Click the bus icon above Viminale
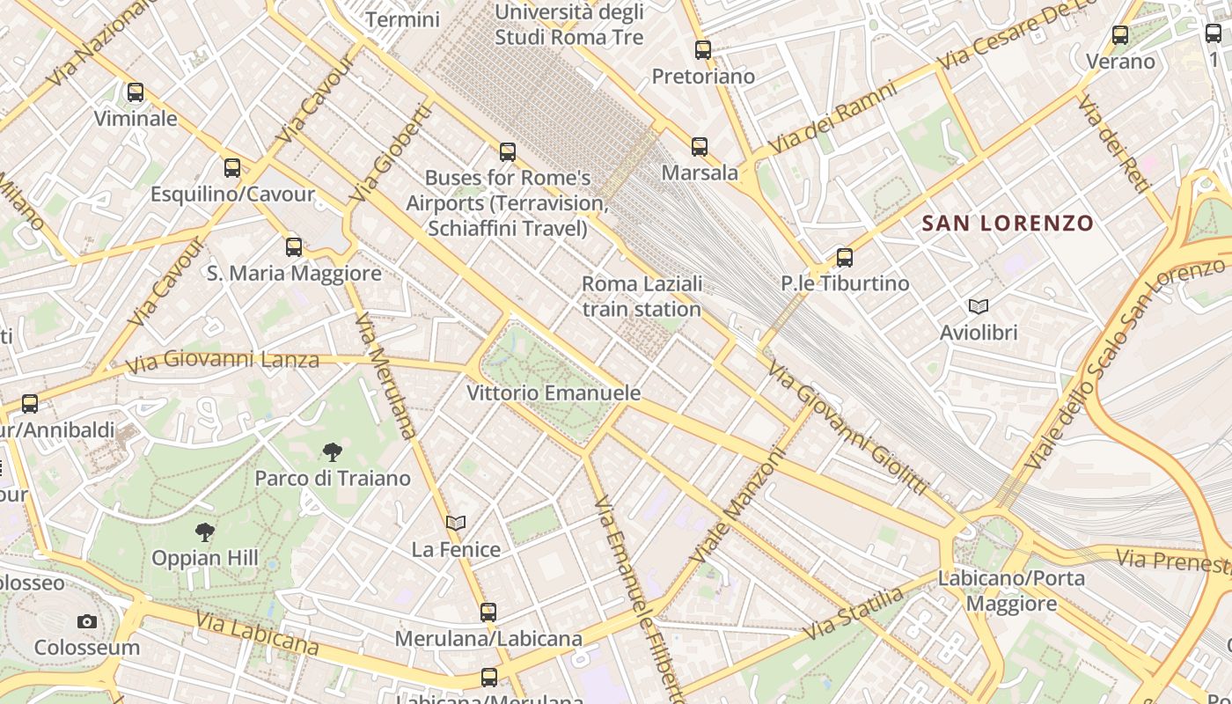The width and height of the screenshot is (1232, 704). point(136,92)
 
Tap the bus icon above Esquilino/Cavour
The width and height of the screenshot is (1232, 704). point(232,167)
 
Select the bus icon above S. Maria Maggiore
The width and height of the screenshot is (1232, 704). point(294,246)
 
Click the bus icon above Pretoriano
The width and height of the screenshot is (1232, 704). point(702,50)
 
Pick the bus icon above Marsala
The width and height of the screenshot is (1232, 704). point(700,146)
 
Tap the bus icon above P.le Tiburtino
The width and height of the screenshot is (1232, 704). point(845,257)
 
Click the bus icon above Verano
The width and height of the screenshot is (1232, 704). point(1120,35)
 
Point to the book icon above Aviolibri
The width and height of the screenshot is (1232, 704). point(979,306)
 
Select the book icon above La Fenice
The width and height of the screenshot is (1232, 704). point(455,523)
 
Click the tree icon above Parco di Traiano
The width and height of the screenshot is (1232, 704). point(332,452)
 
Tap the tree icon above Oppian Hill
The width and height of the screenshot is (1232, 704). point(205,532)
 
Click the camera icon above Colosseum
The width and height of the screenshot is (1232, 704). point(86,621)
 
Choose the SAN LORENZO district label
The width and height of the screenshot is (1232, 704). point(1008,224)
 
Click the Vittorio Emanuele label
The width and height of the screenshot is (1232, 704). point(554,392)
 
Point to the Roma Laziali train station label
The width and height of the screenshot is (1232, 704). point(642,297)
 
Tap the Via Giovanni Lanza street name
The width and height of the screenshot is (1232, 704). point(222,361)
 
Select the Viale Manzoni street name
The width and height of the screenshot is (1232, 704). point(737,507)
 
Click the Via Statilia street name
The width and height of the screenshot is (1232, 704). point(854,614)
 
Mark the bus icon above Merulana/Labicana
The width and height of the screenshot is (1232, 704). point(488,612)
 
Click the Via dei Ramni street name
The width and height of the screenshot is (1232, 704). point(831,117)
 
